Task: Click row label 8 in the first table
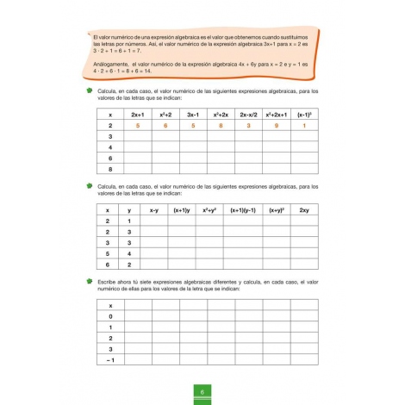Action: (x=109, y=169)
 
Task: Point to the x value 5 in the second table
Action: (x=106, y=253)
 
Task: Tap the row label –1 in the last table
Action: (x=109, y=360)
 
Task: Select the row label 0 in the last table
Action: (x=110, y=316)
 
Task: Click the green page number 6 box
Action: (x=202, y=395)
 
